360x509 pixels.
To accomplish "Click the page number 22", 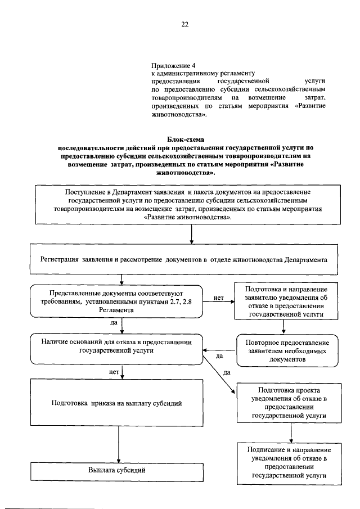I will click(184, 24).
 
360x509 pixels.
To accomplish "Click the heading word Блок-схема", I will click(186, 138).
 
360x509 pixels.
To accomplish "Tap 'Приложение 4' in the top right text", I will click(171, 65).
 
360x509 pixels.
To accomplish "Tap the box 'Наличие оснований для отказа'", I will click(117, 349).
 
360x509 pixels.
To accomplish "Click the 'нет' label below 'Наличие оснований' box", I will click(112, 372).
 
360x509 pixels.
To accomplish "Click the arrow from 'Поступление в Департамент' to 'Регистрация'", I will click(192, 233).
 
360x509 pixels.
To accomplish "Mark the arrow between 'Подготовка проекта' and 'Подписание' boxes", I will click(291, 431).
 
